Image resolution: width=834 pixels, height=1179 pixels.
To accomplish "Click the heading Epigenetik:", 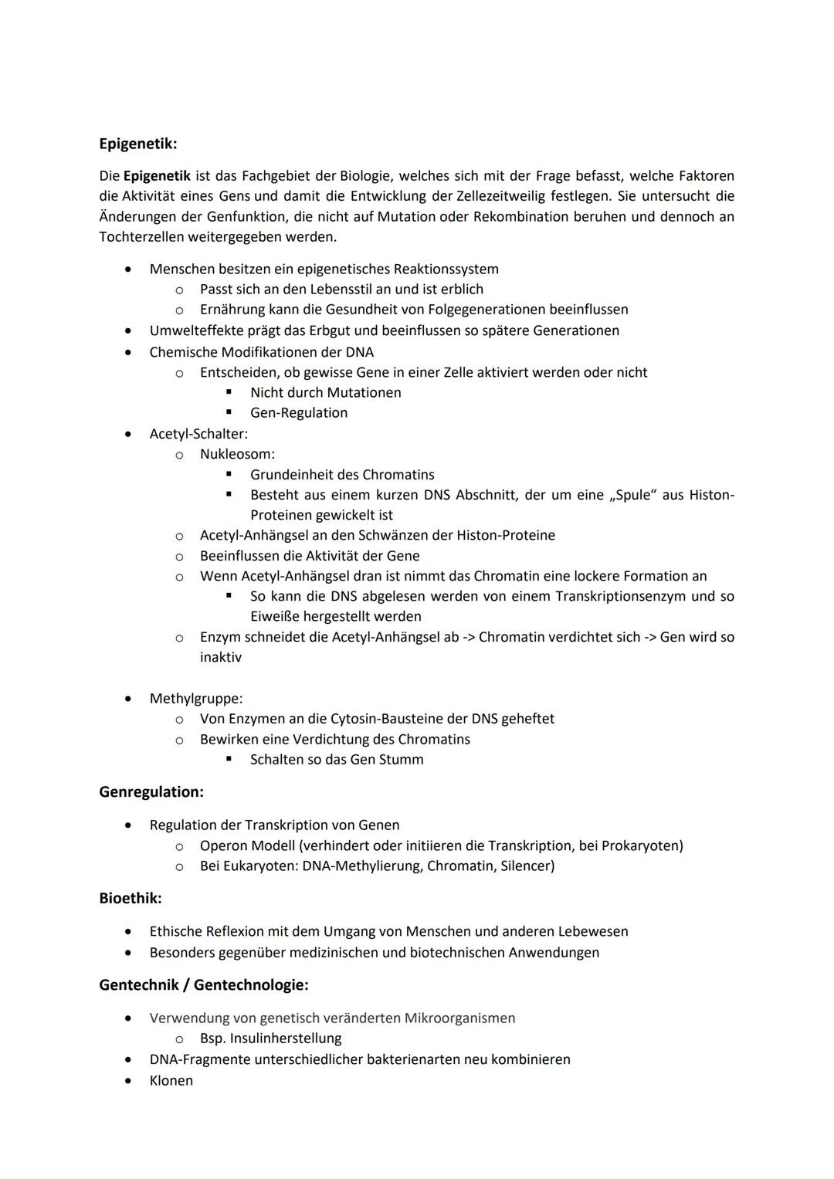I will tap(137, 144).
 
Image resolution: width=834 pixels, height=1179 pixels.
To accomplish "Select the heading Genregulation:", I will tap(151, 792).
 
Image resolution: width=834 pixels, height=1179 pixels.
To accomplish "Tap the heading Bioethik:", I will tap(131, 899).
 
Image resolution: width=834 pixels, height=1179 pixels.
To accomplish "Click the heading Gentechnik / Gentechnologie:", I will tap(204, 985).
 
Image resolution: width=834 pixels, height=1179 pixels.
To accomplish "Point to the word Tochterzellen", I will tap(141, 237).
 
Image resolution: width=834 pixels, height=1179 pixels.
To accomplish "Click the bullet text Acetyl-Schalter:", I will tap(198, 434).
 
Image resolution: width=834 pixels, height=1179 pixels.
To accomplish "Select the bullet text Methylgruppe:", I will tap(196, 699).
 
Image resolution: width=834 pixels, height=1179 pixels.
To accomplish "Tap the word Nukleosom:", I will tap(237, 454).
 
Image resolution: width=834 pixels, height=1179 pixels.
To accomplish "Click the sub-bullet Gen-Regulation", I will tap(299, 413).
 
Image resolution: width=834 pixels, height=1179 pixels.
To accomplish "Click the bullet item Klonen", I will tap(171, 1081).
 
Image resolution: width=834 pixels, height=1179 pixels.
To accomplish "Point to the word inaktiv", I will tap(221, 658).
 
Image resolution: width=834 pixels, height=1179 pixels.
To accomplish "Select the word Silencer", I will tap(525, 866).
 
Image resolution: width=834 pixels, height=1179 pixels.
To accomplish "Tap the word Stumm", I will tap(401, 760).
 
